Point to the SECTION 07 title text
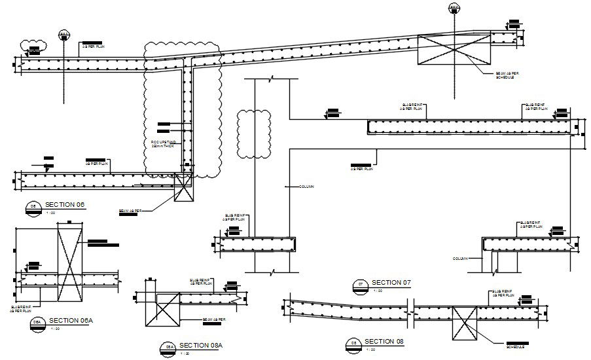point(391,282)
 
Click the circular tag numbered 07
point(359,284)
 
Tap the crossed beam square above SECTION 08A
point(162,311)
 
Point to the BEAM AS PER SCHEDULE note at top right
point(504,75)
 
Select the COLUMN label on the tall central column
point(306,187)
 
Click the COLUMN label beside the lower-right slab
point(461,259)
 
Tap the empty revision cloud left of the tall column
point(254,134)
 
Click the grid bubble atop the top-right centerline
point(454,8)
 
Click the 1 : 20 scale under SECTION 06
point(51,213)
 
